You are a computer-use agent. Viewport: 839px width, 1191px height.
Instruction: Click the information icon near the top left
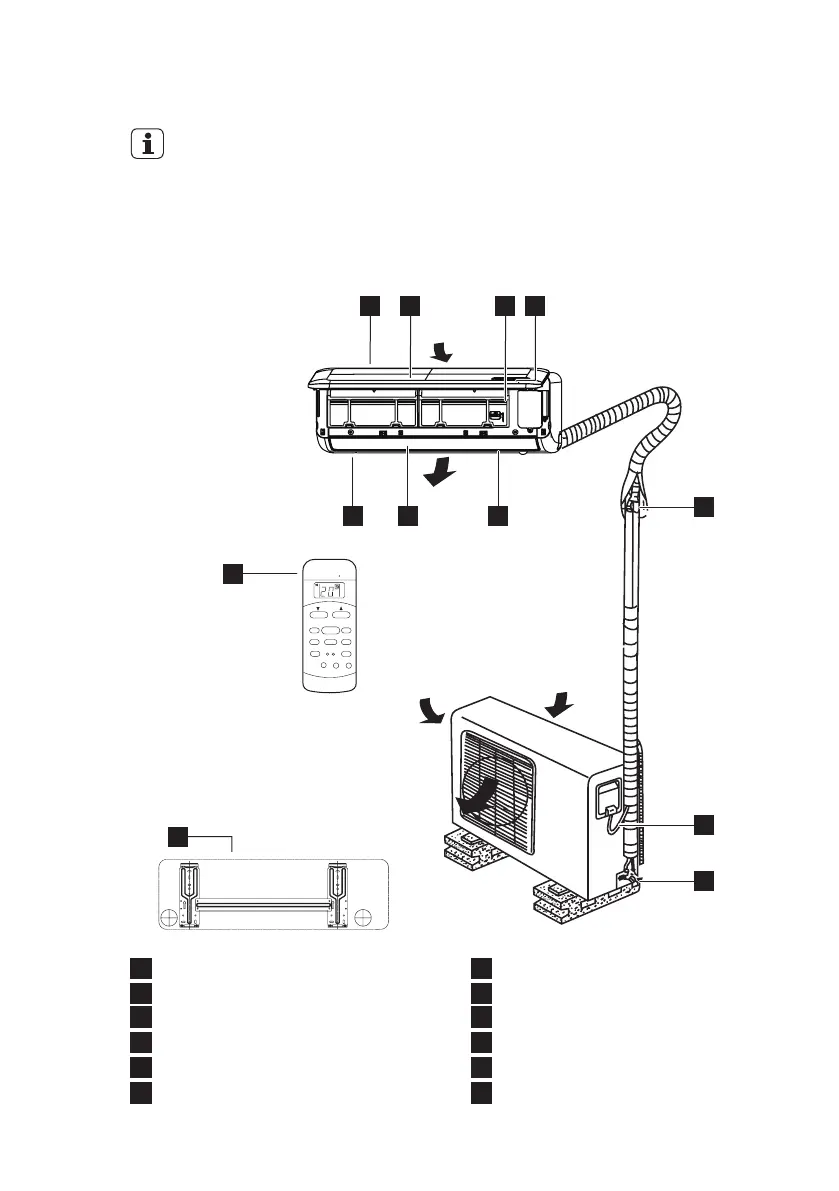tap(148, 145)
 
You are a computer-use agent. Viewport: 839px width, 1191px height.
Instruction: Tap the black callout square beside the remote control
tap(231, 572)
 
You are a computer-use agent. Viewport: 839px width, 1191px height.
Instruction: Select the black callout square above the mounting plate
tap(176, 835)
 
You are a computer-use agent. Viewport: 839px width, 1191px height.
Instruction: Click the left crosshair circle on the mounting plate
tap(170, 916)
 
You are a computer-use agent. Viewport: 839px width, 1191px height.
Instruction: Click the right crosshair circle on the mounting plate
tap(364, 916)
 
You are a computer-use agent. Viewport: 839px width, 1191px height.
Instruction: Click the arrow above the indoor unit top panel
tap(439, 350)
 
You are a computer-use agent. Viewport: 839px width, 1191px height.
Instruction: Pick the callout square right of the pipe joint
tap(704, 507)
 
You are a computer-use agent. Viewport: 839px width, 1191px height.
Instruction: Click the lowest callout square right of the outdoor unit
tap(704, 880)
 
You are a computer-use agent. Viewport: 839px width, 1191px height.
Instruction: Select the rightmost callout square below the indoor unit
tap(497, 515)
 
